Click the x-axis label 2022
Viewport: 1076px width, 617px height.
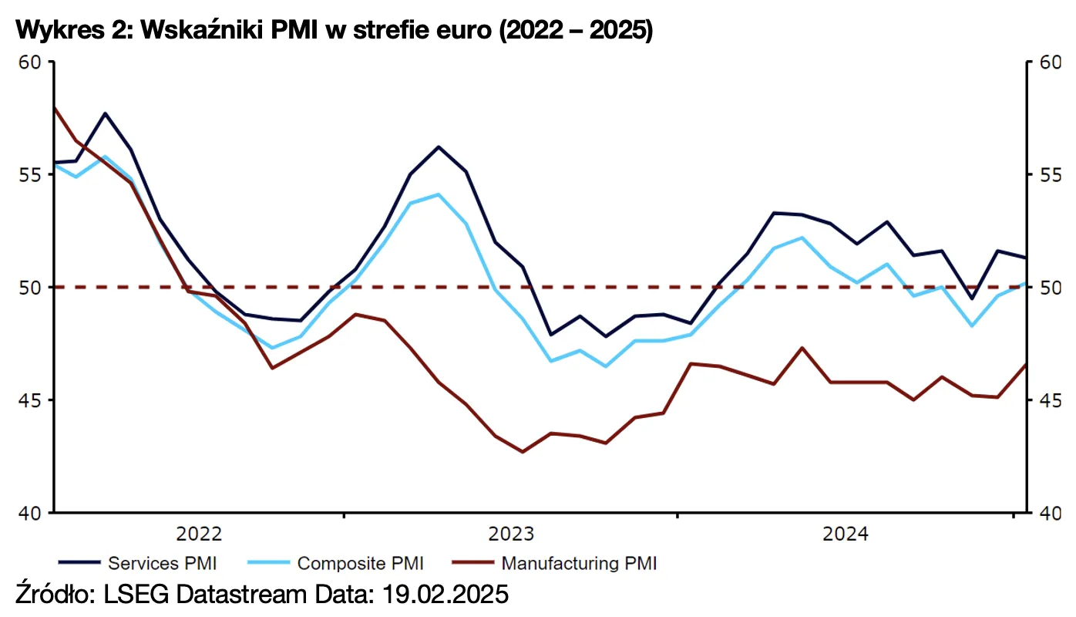tap(199, 534)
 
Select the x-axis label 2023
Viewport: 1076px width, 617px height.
tap(512, 534)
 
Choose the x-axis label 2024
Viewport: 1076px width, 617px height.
tap(846, 534)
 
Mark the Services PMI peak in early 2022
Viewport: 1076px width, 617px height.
tap(105, 113)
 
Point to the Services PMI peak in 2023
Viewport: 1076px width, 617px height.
tap(439, 147)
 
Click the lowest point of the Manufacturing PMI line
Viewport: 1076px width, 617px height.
tap(523, 452)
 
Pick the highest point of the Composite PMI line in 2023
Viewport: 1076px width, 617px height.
tap(439, 194)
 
